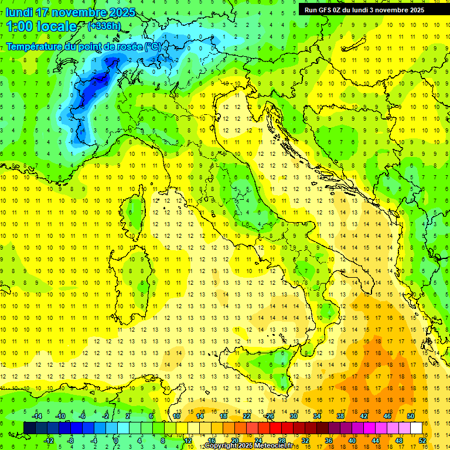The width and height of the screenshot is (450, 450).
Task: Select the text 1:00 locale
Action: [x=42, y=26]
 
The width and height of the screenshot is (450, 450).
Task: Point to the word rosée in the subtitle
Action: [x=127, y=46]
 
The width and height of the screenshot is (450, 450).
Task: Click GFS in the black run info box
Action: [x=324, y=10]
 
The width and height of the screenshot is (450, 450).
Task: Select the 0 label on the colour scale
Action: [x=115, y=440]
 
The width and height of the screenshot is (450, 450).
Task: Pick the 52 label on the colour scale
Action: [x=423, y=440]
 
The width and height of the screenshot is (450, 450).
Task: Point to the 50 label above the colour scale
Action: [x=411, y=416]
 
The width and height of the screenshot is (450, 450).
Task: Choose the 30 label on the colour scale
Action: [x=293, y=416]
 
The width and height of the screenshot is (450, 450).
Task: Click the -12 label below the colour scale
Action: [x=49, y=440]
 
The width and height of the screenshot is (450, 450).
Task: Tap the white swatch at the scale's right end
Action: [x=417, y=428]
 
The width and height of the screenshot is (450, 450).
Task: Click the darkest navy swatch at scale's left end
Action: [x=29, y=428]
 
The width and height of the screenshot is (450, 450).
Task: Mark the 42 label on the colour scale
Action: [x=364, y=416]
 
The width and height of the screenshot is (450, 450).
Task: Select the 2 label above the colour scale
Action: [x=128, y=416]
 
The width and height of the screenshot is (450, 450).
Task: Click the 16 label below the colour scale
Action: [x=211, y=440]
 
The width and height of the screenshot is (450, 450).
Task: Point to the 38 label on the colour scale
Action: [x=340, y=416]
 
